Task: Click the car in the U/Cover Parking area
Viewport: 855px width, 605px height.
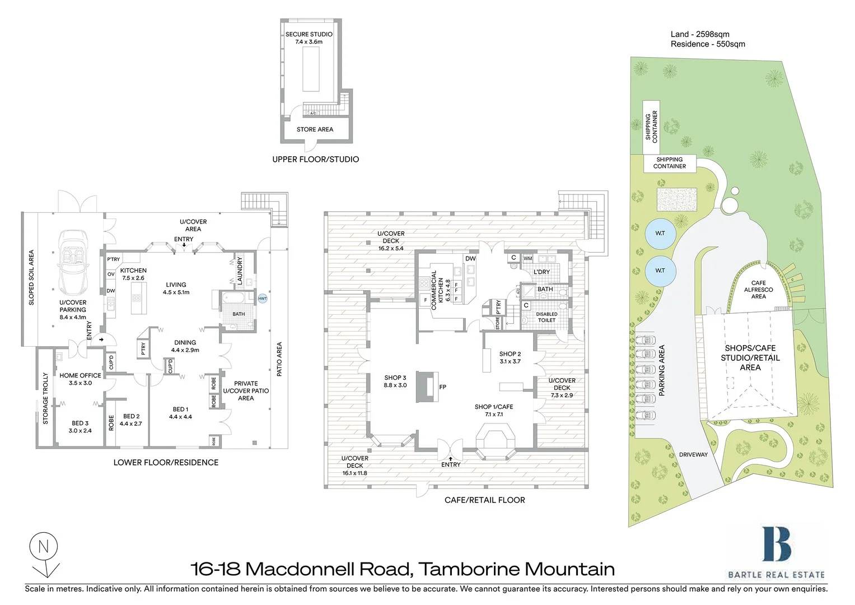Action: point(73,263)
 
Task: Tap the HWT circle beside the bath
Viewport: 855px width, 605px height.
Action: point(263,299)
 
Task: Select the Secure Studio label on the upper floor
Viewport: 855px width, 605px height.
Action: point(309,34)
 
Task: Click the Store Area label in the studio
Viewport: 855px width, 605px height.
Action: point(315,129)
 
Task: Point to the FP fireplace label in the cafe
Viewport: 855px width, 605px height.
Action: point(443,387)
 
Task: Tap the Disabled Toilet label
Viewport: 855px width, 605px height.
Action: point(546,317)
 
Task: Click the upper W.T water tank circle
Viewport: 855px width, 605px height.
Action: point(660,233)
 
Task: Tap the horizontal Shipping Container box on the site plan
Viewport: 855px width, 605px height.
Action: point(669,163)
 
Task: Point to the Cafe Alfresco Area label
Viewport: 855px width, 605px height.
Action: point(758,290)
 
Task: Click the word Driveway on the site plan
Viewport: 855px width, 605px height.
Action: point(693,454)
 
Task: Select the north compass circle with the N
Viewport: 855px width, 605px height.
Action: point(44,546)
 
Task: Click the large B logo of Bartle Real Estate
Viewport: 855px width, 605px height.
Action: point(776,543)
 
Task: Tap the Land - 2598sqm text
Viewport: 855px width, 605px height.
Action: point(700,34)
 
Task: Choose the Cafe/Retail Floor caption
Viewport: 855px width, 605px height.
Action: point(484,500)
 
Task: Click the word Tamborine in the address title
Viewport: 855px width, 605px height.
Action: point(469,569)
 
